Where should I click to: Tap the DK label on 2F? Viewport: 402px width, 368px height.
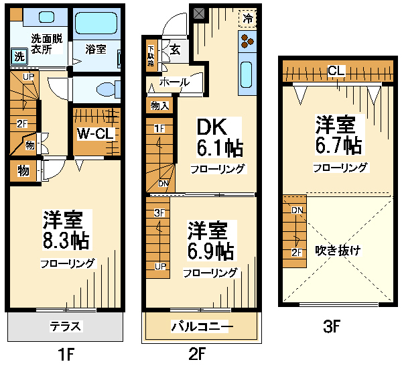(x=212, y=127)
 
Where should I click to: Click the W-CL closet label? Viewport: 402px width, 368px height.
(x=95, y=133)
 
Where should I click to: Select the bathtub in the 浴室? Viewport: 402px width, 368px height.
(x=96, y=23)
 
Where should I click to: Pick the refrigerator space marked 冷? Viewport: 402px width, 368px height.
(x=247, y=19)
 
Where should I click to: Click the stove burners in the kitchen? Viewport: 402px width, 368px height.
(x=247, y=42)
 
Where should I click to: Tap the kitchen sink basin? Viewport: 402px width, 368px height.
(x=247, y=74)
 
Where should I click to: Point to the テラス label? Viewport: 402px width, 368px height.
(x=66, y=326)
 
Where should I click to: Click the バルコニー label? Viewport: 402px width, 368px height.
(x=202, y=326)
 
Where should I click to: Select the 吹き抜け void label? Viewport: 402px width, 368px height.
(x=338, y=250)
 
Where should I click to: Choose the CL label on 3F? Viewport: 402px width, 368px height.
(x=336, y=70)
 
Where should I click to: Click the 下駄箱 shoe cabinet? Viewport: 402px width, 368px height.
(x=151, y=56)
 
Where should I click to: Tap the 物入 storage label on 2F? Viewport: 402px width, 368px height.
(x=159, y=106)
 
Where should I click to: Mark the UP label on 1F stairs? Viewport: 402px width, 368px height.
(x=28, y=76)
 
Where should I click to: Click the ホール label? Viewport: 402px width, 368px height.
(x=174, y=82)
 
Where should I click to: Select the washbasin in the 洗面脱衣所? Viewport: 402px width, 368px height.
(x=46, y=17)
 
